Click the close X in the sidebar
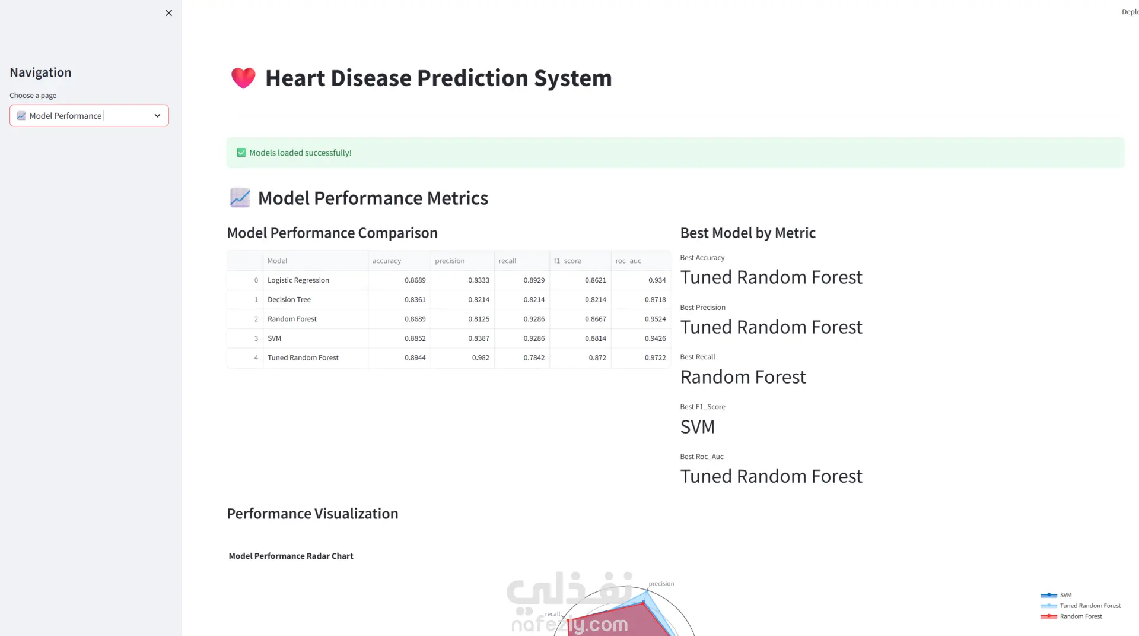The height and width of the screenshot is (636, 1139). (168, 13)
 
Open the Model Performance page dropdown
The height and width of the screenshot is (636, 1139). (89, 116)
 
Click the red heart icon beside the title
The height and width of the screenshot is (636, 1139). (243, 78)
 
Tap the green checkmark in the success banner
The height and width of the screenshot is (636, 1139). (241, 153)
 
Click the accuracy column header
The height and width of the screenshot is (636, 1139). (387, 261)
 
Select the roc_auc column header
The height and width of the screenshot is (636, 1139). (628, 261)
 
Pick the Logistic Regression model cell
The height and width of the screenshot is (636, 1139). (298, 280)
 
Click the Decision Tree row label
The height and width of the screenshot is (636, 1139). (289, 300)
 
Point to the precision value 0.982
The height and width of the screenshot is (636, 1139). (481, 358)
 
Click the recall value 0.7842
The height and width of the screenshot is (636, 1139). (534, 358)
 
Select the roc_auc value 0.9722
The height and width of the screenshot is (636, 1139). (656, 358)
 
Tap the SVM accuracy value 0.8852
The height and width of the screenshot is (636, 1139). (415, 338)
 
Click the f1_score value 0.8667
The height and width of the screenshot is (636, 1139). (596, 319)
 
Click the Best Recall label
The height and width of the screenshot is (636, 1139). (698, 357)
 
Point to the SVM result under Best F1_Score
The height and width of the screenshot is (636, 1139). (698, 427)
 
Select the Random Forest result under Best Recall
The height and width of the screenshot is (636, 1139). (743, 377)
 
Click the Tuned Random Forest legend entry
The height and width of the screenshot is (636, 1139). (1081, 606)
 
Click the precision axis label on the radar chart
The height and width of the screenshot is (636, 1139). (661, 584)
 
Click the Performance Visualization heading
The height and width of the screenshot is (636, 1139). (313, 514)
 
